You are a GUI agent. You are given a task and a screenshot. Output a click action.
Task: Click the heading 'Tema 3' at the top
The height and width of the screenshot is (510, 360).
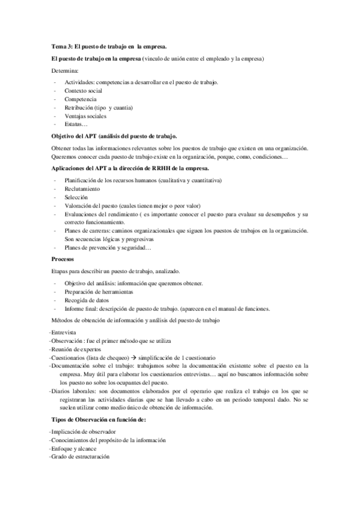click(109, 46)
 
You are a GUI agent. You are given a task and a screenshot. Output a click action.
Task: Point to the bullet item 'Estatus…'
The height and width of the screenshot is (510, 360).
click(76, 124)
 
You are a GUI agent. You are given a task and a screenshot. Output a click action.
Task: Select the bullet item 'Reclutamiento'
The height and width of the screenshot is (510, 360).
click(83, 188)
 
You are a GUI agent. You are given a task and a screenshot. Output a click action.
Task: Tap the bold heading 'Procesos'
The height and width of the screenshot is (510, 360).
click(64, 259)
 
